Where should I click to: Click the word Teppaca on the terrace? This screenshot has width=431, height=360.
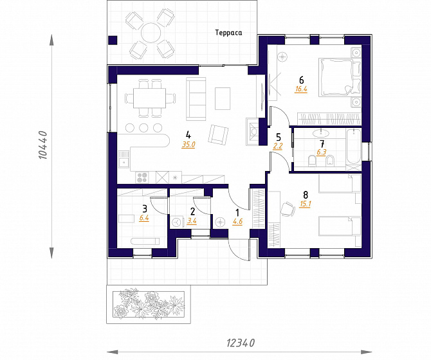(228, 33)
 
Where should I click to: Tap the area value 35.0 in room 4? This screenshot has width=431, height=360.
(188, 145)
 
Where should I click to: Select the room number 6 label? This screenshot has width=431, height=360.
(302, 80)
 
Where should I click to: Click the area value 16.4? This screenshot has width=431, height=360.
(301, 89)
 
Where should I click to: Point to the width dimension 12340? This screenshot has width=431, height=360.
(241, 343)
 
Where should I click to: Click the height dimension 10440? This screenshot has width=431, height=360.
(44, 145)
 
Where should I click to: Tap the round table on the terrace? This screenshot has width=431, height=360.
(151, 33)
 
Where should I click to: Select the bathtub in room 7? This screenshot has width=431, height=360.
(354, 147)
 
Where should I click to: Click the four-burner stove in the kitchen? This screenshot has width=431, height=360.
(142, 177)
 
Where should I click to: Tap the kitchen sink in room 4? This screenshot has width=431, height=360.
(124, 159)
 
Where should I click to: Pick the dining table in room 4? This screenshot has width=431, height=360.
(149, 98)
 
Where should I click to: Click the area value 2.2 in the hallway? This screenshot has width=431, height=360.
(278, 146)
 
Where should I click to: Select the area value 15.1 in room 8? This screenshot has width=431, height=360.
(305, 204)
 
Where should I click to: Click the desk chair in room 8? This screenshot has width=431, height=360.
(288, 209)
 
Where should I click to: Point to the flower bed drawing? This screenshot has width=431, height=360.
(149, 304)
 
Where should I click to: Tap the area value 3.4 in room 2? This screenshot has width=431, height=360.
(192, 221)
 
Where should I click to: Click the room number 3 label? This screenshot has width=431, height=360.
(145, 209)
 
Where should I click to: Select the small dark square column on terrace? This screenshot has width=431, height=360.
(113, 40)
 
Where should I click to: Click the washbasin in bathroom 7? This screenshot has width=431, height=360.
(320, 133)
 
